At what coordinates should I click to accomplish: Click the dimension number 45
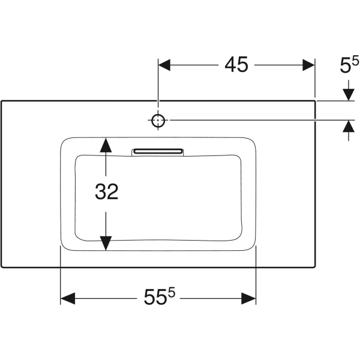point(236,65)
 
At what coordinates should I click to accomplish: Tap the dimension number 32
point(106,191)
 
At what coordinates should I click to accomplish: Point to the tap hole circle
point(158,121)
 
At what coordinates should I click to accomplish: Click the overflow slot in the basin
point(157,150)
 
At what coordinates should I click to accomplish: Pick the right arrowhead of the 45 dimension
point(308,65)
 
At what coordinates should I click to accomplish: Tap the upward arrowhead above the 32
point(106,145)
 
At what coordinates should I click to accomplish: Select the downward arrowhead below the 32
point(106,243)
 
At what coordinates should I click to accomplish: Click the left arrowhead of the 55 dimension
point(67,298)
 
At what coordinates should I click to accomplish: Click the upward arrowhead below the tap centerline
point(347,127)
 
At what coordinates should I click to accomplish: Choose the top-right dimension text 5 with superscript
point(349,65)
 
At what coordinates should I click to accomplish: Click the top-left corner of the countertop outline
point(1,101)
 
